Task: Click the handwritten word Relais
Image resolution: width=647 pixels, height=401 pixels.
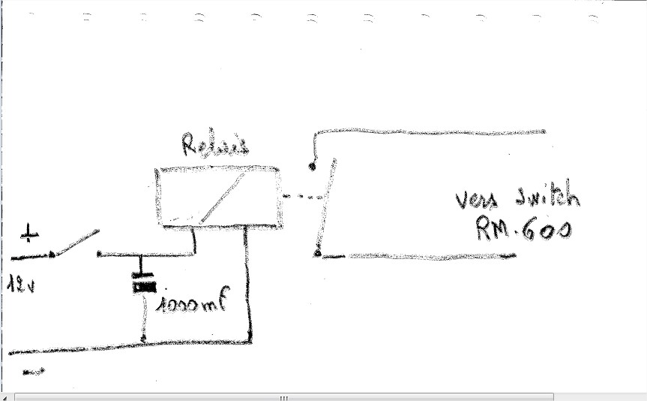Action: click(214, 146)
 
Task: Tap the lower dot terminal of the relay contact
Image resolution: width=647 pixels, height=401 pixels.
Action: click(316, 254)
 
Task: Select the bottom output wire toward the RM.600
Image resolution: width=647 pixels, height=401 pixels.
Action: click(420, 256)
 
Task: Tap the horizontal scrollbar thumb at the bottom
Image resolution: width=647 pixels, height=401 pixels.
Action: click(283, 396)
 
